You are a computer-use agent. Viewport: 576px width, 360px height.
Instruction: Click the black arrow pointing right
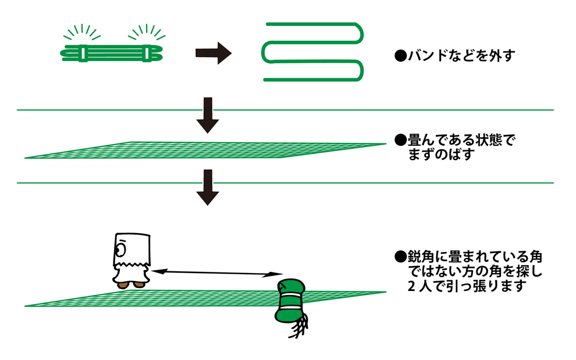(x=213, y=54)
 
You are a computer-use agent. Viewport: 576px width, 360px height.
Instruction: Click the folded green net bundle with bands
(x=113, y=52)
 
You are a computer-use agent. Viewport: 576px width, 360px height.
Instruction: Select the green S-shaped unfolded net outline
(x=314, y=51)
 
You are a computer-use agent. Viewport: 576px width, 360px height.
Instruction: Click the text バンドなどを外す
(x=458, y=56)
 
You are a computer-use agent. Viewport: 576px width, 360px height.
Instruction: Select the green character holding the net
(x=290, y=302)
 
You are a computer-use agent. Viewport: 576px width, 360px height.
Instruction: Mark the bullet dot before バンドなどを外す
(x=398, y=56)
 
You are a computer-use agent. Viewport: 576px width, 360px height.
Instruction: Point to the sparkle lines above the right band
(x=146, y=32)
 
